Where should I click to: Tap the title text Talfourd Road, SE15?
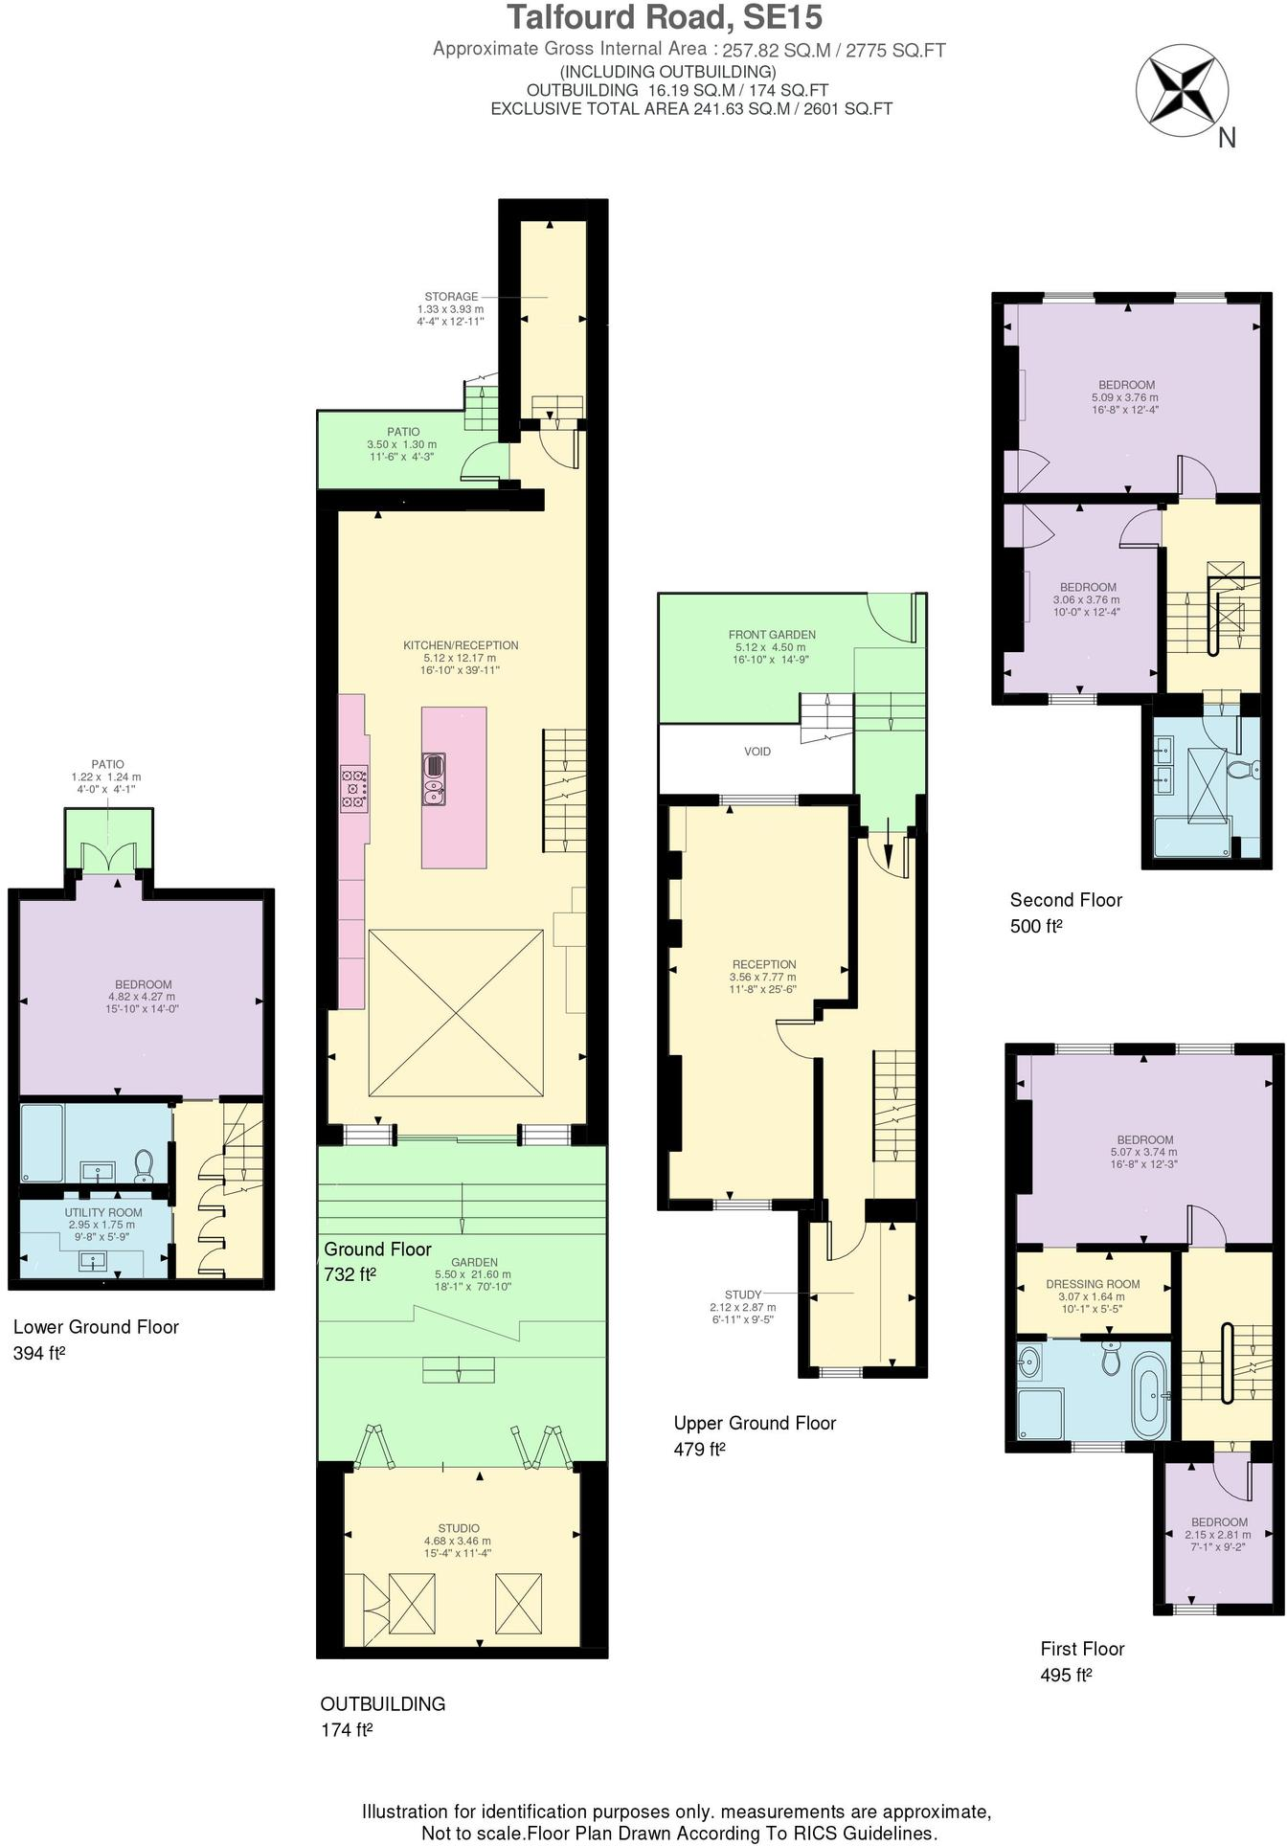click(x=664, y=18)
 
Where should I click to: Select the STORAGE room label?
click(x=451, y=297)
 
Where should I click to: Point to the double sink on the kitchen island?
click(x=434, y=778)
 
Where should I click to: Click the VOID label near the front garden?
click(x=756, y=752)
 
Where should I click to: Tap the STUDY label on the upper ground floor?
click(x=743, y=1294)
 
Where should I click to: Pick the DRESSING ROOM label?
click(x=1093, y=1284)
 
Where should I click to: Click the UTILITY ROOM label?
click(x=103, y=1212)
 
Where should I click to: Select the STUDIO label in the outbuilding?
click(x=459, y=1528)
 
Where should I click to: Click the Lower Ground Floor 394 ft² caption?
click(x=96, y=1339)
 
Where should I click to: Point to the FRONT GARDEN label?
click(x=772, y=635)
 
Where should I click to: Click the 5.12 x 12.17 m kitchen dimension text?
click(x=460, y=658)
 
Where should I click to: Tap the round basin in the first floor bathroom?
click(x=1030, y=1361)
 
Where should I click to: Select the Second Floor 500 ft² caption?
click(x=1066, y=912)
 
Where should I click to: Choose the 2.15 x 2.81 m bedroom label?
click(x=1218, y=1535)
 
